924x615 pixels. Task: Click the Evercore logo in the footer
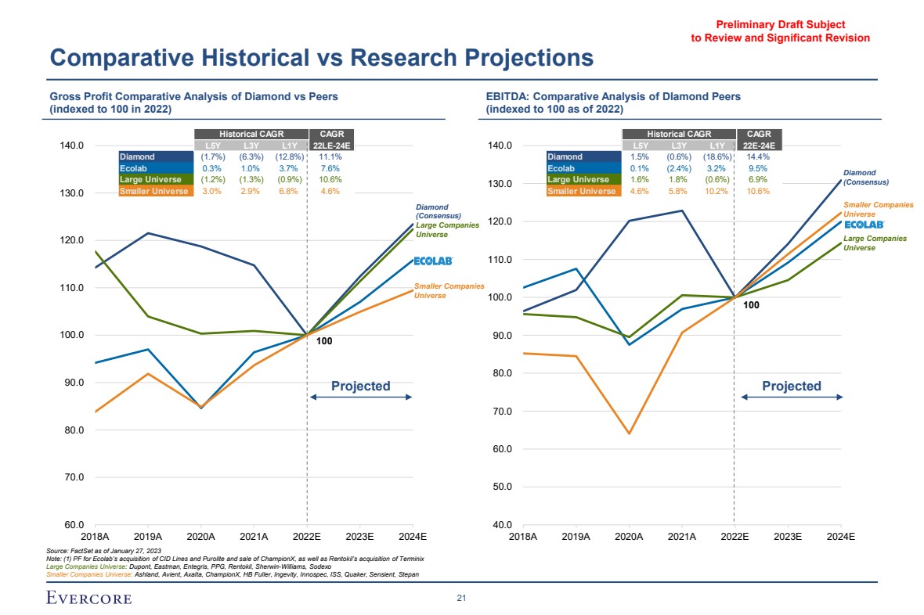[88, 599]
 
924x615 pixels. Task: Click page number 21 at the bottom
[461, 599]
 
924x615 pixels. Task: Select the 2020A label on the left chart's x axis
[200, 537]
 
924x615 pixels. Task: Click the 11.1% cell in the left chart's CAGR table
[330, 157]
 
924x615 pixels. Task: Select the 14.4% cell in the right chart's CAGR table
[758, 157]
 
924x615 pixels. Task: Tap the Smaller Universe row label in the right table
[582, 191]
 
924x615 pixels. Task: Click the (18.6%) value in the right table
[716, 157]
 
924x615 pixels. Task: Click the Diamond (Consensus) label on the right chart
[865, 178]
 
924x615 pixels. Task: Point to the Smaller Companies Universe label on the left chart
[449, 291]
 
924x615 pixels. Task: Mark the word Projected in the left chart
[360, 386]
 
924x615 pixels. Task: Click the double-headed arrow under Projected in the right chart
[791, 397]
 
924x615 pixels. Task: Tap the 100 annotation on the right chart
[751, 306]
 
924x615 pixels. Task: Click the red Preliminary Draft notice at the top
[780, 31]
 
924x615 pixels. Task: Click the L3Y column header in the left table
[250, 146]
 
